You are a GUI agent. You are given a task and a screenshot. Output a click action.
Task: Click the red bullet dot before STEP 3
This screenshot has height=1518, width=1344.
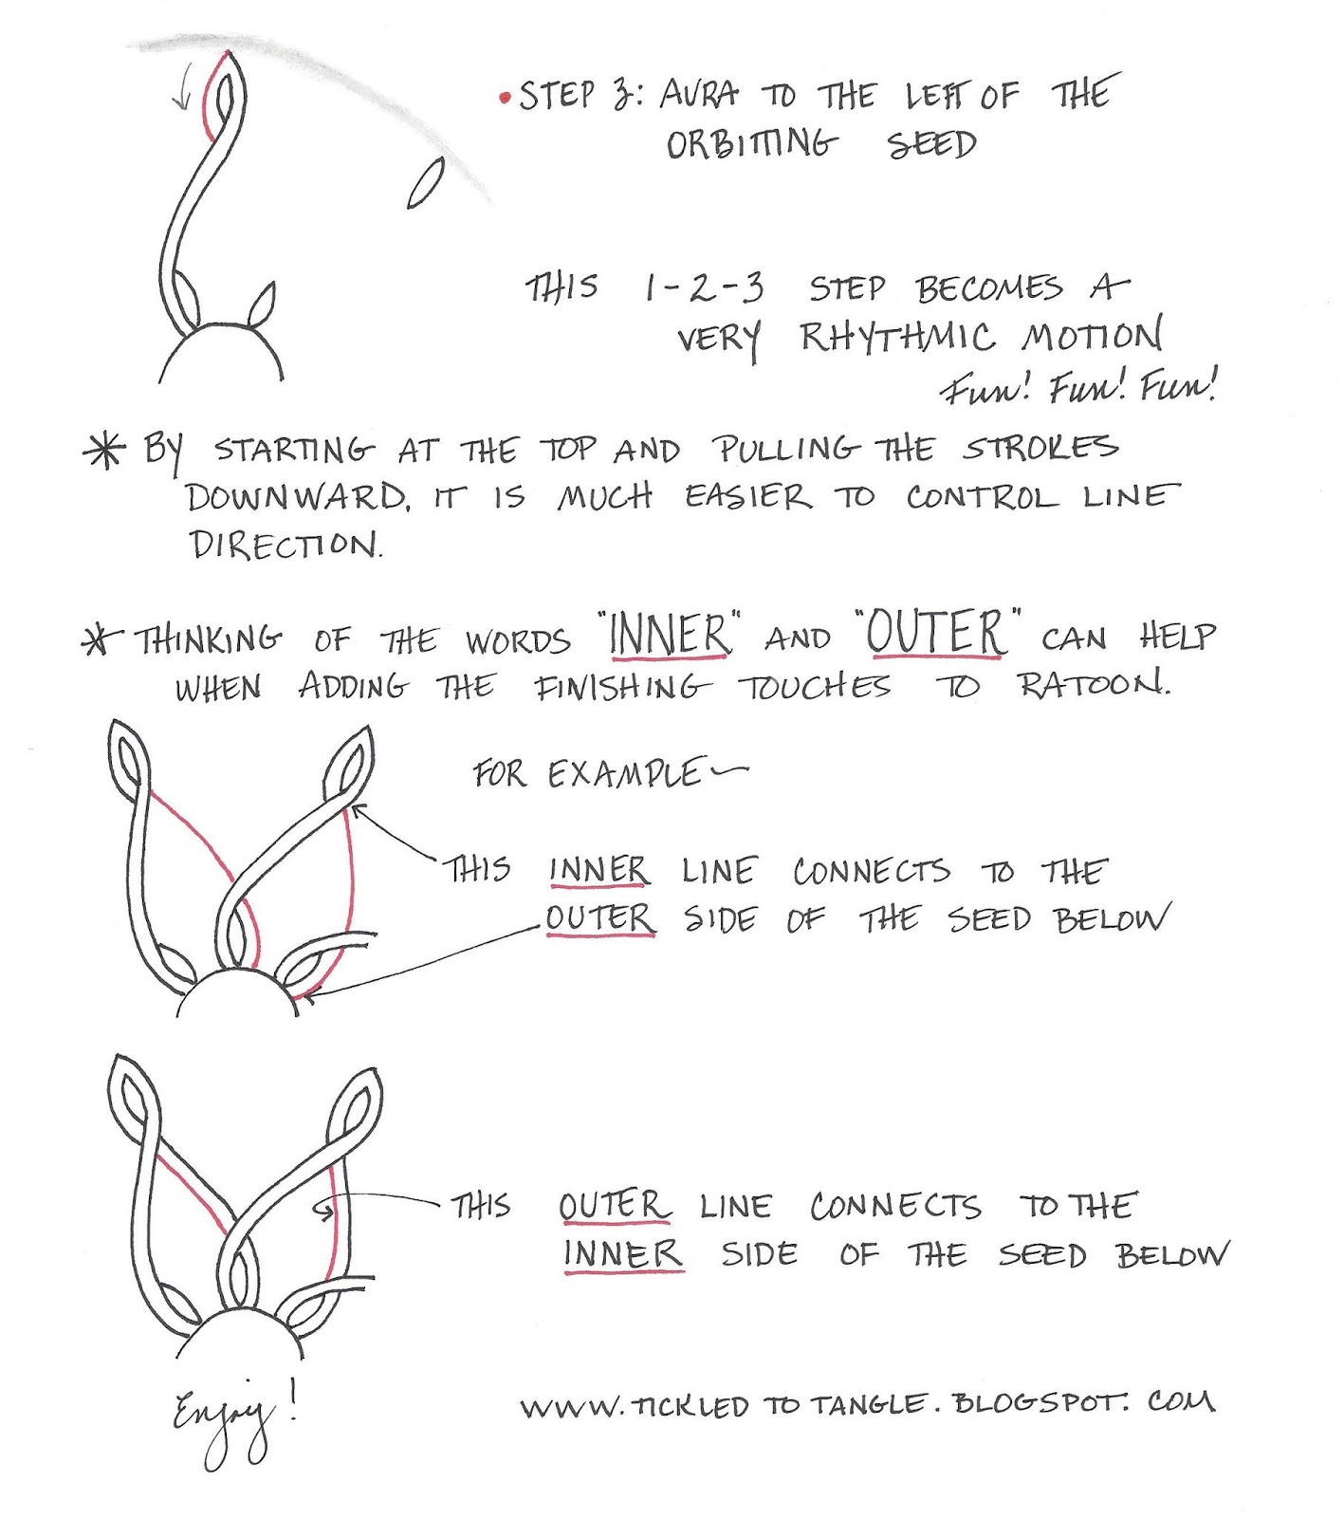(505, 98)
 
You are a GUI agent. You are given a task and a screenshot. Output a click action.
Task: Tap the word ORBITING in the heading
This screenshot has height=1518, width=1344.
(752, 145)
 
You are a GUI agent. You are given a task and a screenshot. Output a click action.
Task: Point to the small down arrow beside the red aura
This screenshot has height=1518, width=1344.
(186, 85)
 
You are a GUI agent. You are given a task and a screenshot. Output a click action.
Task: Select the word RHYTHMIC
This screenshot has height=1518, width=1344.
(896, 337)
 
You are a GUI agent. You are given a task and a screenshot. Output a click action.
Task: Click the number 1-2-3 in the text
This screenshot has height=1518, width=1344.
(703, 287)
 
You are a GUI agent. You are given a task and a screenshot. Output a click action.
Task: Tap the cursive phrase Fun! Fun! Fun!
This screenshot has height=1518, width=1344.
(1077, 386)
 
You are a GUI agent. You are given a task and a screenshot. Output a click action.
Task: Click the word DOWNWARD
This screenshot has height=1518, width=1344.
(297, 497)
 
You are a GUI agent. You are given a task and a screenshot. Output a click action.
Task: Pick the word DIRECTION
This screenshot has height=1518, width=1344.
(284, 546)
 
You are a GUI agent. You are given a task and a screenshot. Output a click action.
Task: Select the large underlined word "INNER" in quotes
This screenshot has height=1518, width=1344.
(670, 635)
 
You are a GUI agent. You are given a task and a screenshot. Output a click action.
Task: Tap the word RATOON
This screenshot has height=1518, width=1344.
(1093, 684)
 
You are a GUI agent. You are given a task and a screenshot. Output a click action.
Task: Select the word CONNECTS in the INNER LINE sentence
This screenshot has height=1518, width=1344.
(871, 871)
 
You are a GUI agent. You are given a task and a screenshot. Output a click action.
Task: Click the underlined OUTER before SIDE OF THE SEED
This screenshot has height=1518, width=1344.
(600, 918)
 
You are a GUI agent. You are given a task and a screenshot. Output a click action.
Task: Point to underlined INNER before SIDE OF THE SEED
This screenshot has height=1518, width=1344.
(622, 1253)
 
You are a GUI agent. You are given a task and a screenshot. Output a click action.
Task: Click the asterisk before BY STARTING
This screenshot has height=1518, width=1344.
(104, 450)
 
